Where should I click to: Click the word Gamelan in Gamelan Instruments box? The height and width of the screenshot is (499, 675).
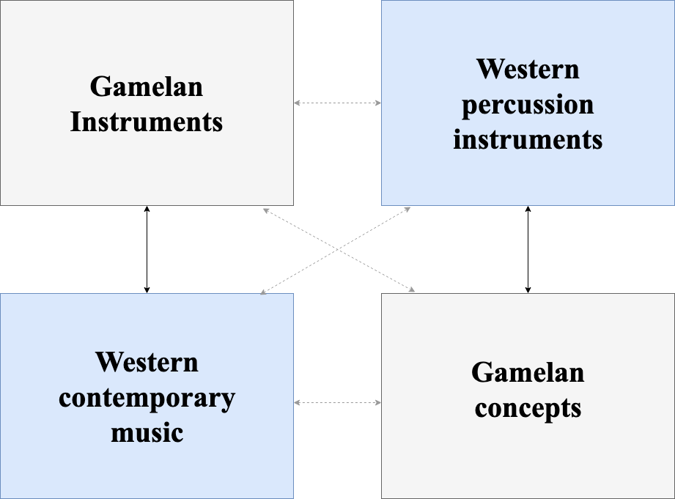[147, 86]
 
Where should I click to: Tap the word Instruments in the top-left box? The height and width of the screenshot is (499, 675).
[147, 122]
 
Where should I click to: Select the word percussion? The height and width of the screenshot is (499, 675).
[527, 104]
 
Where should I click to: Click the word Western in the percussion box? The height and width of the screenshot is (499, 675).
[527, 69]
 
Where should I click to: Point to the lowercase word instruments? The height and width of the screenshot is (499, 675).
[527, 138]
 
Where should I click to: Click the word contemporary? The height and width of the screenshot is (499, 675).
[147, 398]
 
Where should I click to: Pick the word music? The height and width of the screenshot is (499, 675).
[147, 432]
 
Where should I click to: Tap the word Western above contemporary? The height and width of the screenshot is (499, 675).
[147, 362]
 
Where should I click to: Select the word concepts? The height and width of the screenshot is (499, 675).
[527, 407]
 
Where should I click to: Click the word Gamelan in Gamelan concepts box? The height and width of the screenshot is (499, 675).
[527, 372]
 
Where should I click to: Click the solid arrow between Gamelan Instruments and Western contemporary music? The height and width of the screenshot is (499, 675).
[147, 249]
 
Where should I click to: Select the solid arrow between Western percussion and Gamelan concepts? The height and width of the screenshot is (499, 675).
[528, 249]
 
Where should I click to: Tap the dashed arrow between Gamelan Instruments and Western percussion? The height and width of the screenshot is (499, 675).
[337, 103]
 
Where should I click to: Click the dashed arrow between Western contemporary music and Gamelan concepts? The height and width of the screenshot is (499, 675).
[337, 402]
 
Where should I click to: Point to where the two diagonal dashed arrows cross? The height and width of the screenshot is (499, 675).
[337, 250]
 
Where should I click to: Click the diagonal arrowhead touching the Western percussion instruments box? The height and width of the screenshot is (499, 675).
[407, 209]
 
